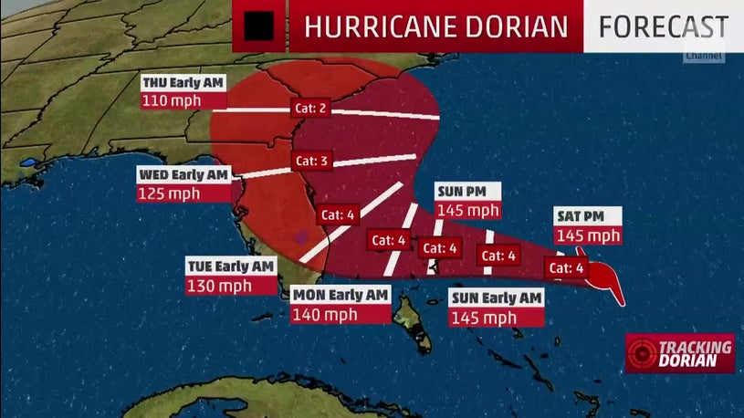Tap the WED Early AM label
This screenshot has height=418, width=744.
click(183, 173)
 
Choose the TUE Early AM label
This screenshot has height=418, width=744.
click(230, 266)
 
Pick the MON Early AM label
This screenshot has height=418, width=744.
click(341, 295)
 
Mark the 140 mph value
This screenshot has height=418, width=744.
click(321, 314)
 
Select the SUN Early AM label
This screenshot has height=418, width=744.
click(497, 298)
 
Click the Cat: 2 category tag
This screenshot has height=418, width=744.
click(310, 107)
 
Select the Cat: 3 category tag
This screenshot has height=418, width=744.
click(310, 161)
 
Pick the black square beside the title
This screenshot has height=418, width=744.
click(259, 26)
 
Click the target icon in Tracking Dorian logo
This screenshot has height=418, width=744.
click(642, 353)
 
